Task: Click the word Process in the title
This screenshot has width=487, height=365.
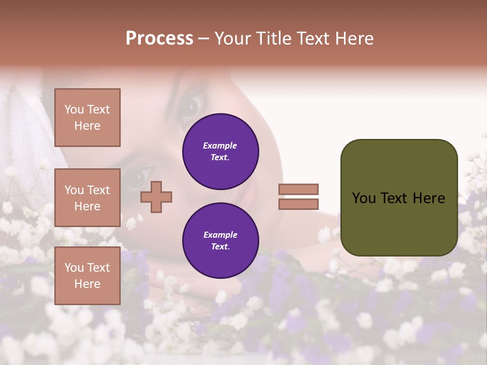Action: [x=159, y=39]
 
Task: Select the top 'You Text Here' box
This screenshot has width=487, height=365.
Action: [x=87, y=118]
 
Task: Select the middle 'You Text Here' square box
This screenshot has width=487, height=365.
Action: [x=87, y=198]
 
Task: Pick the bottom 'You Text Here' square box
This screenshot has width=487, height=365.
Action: [x=87, y=276]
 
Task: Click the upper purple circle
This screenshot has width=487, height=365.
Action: [x=220, y=151]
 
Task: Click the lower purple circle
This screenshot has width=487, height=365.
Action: [x=220, y=240]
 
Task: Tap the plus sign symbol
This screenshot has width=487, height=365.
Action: [x=156, y=197]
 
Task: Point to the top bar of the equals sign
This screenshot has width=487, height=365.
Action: [x=298, y=189]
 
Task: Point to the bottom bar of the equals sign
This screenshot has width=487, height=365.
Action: [x=298, y=204]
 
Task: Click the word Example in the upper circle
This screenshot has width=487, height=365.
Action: [x=220, y=145]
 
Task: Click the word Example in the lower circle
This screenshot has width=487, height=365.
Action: [x=220, y=235]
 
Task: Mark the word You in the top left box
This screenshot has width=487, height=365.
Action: [x=74, y=109]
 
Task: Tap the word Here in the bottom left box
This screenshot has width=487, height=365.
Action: [x=87, y=284]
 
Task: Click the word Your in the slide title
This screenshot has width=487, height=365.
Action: [x=233, y=39]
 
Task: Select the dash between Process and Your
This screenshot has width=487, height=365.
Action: [x=203, y=39]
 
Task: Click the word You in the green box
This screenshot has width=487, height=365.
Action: [x=364, y=198]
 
